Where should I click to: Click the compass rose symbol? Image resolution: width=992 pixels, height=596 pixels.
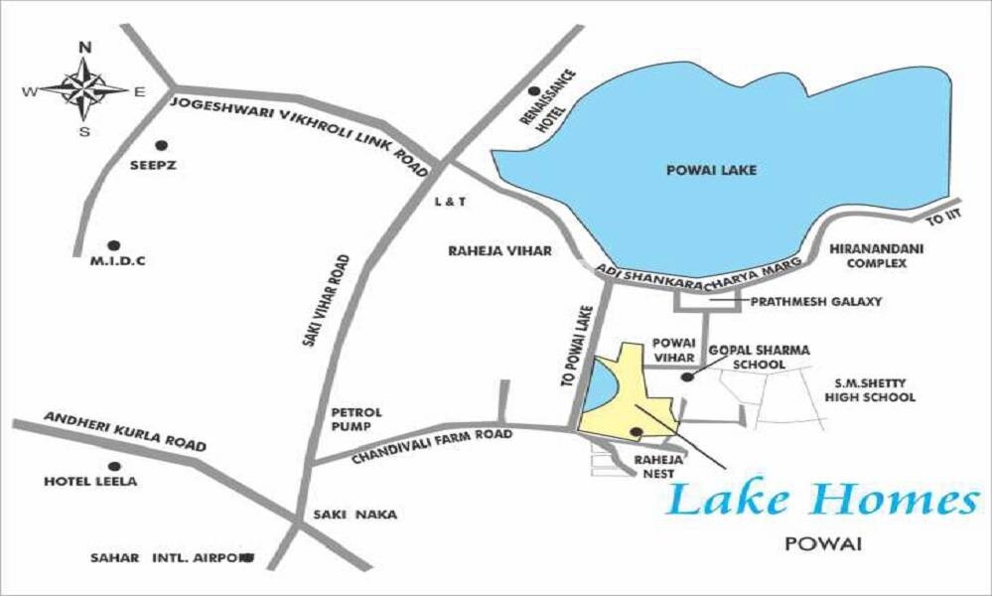[84, 89]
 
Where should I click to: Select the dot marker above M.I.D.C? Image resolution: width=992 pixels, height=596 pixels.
[113, 244]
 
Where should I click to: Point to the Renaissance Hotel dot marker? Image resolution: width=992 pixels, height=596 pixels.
[535, 91]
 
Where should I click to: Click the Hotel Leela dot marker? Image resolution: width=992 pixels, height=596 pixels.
[114, 466]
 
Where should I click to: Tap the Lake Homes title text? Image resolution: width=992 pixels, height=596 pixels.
[822, 501]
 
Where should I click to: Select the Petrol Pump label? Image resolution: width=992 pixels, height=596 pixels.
[356, 419]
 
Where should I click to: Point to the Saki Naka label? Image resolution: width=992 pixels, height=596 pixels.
[354, 515]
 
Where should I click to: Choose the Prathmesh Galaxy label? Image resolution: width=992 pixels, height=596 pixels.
[816, 301]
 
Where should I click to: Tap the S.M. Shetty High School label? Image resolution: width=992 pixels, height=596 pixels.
[870, 390]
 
